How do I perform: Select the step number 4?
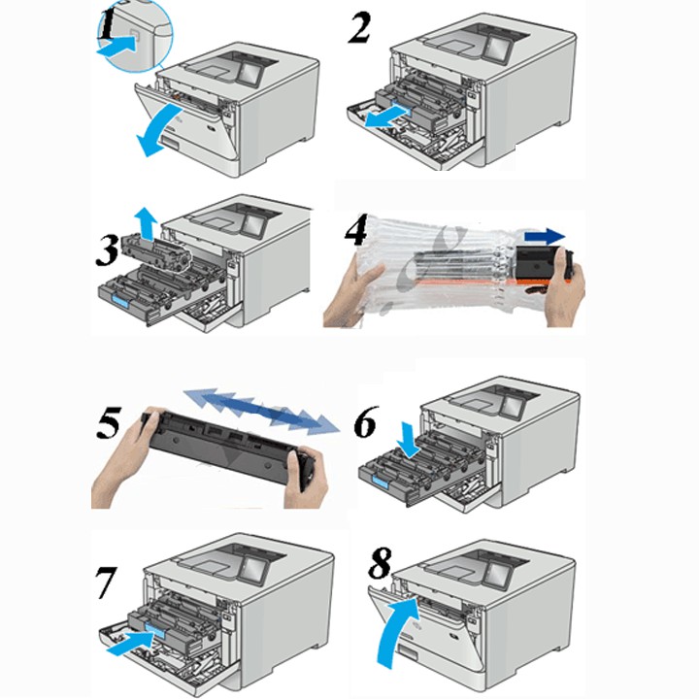point(355,231)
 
